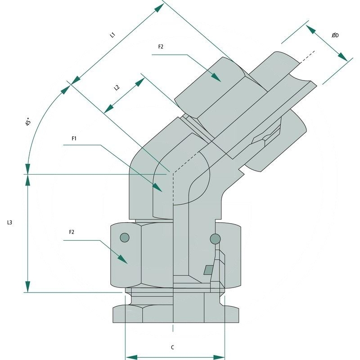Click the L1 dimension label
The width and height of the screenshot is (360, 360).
click(x=113, y=35)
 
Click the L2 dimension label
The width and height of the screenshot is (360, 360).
click(x=117, y=87)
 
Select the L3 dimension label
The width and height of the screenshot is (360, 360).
click(x=9, y=222)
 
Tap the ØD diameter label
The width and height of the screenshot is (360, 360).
click(x=335, y=35)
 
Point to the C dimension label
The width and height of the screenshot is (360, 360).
click(x=173, y=347)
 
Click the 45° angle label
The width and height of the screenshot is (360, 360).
click(x=28, y=122)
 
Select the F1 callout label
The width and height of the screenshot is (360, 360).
click(x=74, y=139)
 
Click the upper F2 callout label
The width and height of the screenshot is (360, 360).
click(x=161, y=47)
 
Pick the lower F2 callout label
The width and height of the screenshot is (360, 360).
click(x=72, y=232)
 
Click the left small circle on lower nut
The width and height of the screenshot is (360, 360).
click(x=125, y=237)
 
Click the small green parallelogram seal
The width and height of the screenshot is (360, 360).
click(x=208, y=269)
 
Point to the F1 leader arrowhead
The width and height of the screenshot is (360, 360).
click(x=158, y=188)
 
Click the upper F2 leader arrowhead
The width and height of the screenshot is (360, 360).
click(x=216, y=77)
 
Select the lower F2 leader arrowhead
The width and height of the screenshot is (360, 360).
click(x=123, y=260)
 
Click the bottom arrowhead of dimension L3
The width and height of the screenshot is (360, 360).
click(x=28, y=287)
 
